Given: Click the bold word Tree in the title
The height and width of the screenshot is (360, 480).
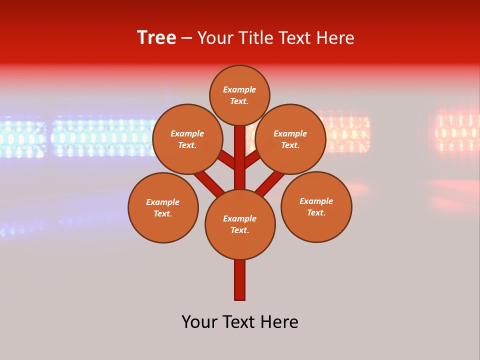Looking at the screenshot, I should [156, 38].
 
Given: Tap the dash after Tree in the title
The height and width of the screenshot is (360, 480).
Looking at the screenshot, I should [186, 38].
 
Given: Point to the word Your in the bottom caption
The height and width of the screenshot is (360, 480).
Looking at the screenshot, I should [199, 322].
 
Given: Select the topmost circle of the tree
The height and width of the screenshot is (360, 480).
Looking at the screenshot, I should [239, 95].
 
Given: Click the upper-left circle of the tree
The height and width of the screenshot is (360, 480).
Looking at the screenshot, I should [187, 139].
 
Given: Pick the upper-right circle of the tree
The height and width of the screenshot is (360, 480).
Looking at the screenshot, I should [290, 139].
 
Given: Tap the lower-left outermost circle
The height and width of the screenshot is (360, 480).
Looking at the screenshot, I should [163, 207].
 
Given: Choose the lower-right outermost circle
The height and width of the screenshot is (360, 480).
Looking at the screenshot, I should [316, 206].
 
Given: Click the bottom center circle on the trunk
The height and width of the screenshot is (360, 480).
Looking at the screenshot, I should [240, 224].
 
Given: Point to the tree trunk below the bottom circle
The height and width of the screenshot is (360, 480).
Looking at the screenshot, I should [240, 280].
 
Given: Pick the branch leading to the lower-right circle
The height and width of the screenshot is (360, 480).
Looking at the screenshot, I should [270, 181].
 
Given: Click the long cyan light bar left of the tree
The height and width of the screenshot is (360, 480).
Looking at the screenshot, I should [100, 136].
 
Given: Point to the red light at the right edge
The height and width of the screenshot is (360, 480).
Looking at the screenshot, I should [457, 132].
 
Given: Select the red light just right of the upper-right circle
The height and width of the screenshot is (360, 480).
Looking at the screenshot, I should [347, 134].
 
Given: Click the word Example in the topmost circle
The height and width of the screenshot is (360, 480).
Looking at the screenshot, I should [239, 89].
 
